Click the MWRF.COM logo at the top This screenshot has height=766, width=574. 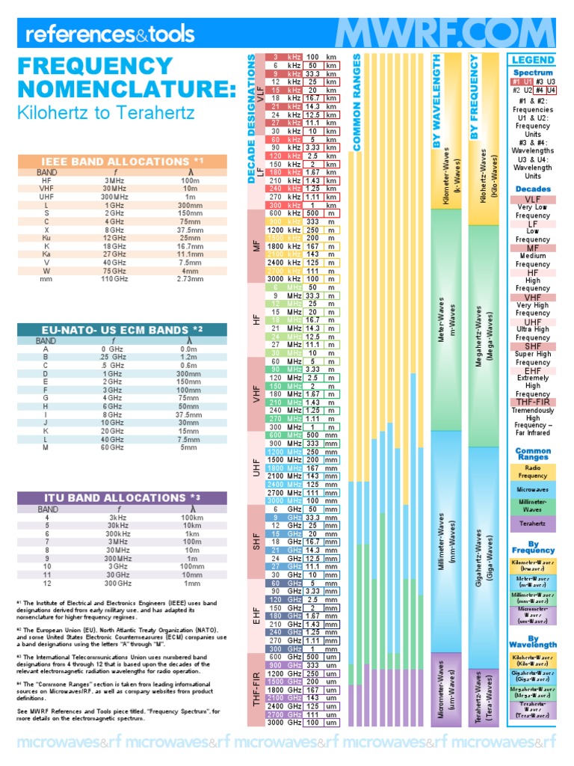(x=444, y=34)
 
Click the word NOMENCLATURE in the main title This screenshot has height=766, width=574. (x=126, y=91)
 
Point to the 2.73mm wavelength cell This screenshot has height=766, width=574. (x=190, y=278)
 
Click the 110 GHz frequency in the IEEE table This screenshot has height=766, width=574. (x=114, y=278)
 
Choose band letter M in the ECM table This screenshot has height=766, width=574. (x=46, y=448)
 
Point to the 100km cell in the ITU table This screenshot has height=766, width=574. (x=192, y=518)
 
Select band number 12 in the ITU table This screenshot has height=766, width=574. (x=46, y=583)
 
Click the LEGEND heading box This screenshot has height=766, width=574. (x=532, y=60)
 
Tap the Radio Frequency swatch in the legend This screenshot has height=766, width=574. (x=532, y=472)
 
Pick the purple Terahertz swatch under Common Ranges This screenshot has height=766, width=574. (x=532, y=525)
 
